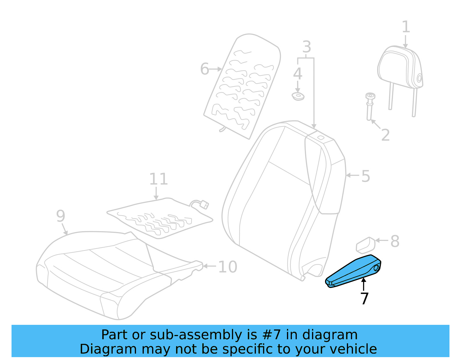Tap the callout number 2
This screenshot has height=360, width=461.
coord(385,135)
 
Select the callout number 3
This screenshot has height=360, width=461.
coord(307,47)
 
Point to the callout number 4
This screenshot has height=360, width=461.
coord(298,74)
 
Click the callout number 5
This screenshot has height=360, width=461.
coord(365,176)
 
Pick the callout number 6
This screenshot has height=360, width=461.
coord(204,69)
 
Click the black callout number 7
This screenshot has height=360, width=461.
coord(364,299)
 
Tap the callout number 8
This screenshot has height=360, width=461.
coord(395,241)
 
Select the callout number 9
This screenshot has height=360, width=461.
coord(61,216)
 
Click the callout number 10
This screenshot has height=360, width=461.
coord(228,267)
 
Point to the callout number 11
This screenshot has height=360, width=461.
coord(158,179)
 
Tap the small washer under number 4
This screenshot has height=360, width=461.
coord(298,96)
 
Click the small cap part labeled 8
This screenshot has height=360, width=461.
coord(365,245)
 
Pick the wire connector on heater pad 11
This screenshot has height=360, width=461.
coord(204,205)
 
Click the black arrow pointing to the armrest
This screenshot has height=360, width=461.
coord(364,284)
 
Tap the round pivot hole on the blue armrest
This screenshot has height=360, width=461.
coord(376,268)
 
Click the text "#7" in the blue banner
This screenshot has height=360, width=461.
coord(271,335)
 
